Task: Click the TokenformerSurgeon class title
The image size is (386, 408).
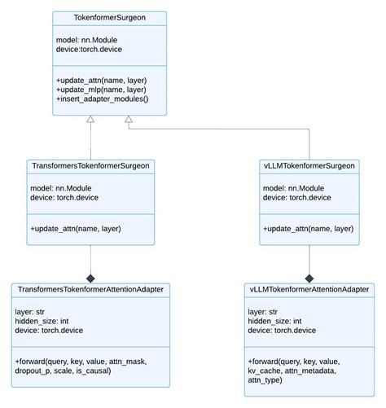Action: (109, 19)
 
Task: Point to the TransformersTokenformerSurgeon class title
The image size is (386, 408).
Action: (90, 166)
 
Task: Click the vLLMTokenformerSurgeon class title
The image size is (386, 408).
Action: (309, 166)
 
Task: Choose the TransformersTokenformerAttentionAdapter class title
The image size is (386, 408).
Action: (89, 289)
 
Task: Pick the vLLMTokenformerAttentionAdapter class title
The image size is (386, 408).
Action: (309, 289)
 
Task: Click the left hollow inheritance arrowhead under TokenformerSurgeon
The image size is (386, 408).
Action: (90, 119)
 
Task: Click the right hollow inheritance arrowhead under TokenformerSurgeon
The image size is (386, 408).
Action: (128, 119)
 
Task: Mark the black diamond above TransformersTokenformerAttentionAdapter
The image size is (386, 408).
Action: (90, 277)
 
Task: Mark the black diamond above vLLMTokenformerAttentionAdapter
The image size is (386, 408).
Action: (309, 277)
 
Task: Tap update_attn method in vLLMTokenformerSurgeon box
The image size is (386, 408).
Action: (308, 229)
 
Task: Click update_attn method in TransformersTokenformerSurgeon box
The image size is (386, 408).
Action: (75, 229)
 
